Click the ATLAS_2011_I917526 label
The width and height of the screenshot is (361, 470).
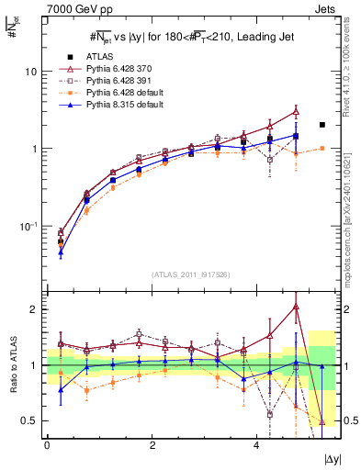191,274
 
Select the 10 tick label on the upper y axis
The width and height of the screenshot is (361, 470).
31,72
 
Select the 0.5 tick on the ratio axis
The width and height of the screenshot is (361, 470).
30,420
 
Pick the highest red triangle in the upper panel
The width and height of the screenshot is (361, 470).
296,111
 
